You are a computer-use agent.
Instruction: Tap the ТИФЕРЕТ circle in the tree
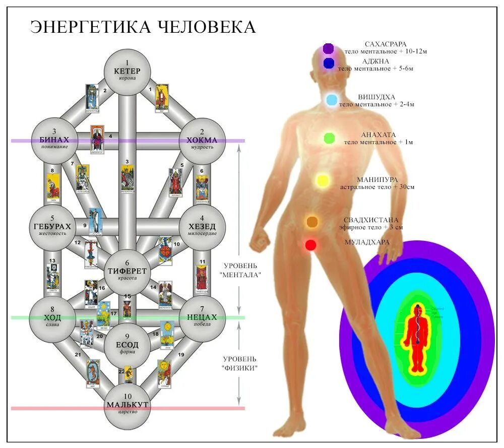pyautogui.click(x=127, y=271)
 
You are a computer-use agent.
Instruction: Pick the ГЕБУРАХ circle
pyautogui.click(x=53, y=227)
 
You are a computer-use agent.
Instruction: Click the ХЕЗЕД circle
pyautogui.click(x=202, y=227)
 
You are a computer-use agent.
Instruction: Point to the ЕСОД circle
pyautogui.click(x=127, y=345)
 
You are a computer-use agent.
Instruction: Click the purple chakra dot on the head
pyautogui.click(x=328, y=48)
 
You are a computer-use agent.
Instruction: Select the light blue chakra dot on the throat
pyautogui.click(x=331, y=100)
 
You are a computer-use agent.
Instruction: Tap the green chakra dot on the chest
pyautogui.click(x=329, y=138)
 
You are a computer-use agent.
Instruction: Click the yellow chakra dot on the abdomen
pyautogui.click(x=323, y=180)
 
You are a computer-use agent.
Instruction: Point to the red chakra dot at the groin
pyautogui.click(x=310, y=245)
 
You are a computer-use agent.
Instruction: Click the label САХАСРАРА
pyautogui.click(x=386, y=44)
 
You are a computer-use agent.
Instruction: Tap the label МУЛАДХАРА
pyautogui.click(x=366, y=242)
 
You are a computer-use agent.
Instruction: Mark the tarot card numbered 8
pyautogui.click(x=53, y=186)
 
